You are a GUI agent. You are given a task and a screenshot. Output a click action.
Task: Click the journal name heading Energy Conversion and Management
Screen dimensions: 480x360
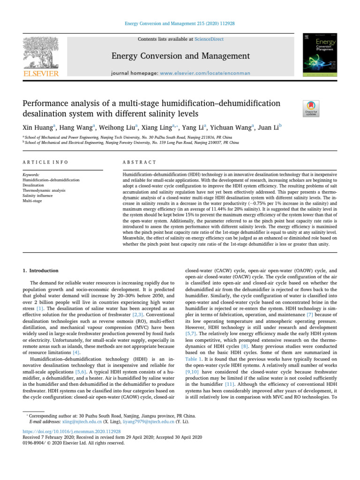click(x=180, y=57)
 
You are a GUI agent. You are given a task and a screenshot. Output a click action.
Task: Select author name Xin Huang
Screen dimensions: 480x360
click(x=39, y=127)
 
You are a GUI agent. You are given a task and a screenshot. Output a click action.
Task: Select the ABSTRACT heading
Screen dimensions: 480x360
click(x=139, y=162)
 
